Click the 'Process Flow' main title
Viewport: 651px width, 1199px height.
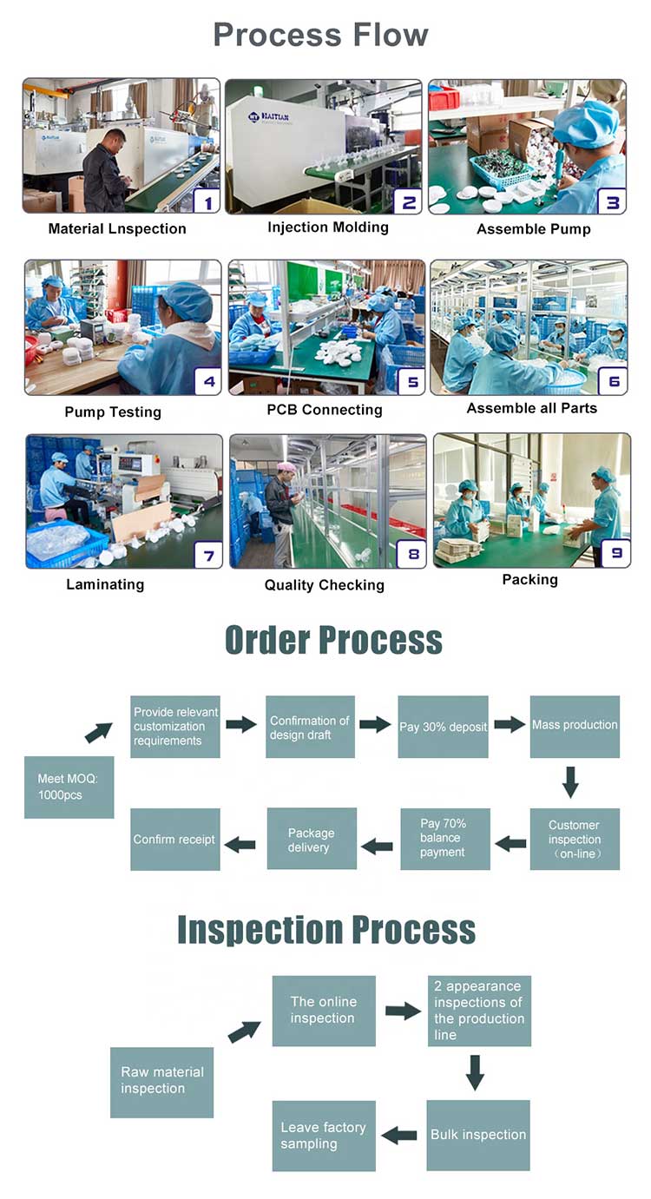pyautogui.click(x=321, y=36)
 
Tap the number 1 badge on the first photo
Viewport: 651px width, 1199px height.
pyautogui.click(x=205, y=201)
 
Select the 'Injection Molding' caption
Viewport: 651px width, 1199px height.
pyautogui.click(x=327, y=227)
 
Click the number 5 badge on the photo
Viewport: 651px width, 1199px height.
pyautogui.click(x=410, y=381)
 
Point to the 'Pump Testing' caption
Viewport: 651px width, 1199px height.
pyautogui.click(x=113, y=412)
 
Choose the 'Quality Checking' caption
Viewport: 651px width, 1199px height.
pyautogui.click(x=324, y=585)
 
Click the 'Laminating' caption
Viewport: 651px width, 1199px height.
pyautogui.click(x=105, y=584)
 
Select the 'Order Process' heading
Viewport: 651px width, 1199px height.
pyautogui.click(x=333, y=640)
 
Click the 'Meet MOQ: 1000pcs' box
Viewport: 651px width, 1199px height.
pyautogui.click(x=69, y=787)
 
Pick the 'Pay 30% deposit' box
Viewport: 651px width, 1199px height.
pyautogui.click(x=443, y=727)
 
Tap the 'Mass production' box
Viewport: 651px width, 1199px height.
pyautogui.click(x=575, y=726)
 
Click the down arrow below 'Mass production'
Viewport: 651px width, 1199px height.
pyautogui.click(x=570, y=781)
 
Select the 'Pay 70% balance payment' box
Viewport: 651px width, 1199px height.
pyautogui.click(x=444, y=839)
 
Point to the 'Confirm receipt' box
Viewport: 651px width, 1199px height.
pyautogui.click(x=174, y=840)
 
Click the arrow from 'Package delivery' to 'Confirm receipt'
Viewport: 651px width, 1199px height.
pyautogui.click(x=241, y=844)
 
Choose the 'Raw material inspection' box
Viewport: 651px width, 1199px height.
pyautogui.click(x=161, y=1081)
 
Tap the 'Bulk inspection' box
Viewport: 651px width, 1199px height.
pyautogui.click(x=478, y=1135)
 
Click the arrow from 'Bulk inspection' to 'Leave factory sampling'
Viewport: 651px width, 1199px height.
pyautogui.click(x=400, y=1135)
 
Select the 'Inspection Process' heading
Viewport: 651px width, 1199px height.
pyautogui.click(x=326, y=930)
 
